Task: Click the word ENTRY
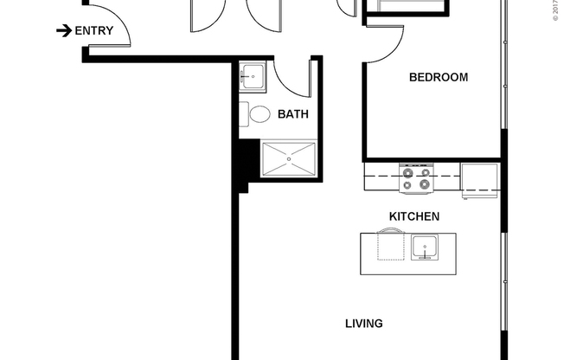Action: [x=94, y=31]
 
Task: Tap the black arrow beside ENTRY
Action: [x=64, y=31]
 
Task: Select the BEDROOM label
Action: [x=438, y=77]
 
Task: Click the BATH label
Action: [x=293, y=114]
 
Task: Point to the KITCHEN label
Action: [x=414, y=216]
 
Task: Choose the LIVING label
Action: [x=363, y=324]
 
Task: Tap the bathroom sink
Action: [x=252, y=76]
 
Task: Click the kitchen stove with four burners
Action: [x=415, y=178]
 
